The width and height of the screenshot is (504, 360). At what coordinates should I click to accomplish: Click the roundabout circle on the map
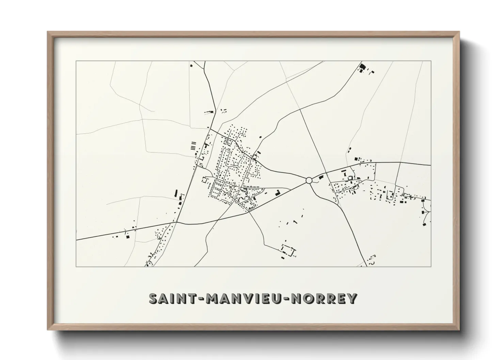click(309, 180)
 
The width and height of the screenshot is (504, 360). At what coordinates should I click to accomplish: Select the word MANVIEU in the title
click(243, 298)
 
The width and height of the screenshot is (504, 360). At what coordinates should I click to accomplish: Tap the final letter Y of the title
click(352, 298)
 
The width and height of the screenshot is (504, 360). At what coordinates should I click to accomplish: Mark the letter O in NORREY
click(310, 298)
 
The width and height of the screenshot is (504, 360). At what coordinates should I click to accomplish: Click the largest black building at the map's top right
click(362, 66)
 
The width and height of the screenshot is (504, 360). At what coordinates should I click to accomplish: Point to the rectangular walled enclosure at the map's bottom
click(288, 251)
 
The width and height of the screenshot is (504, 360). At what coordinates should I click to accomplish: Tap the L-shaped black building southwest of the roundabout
click(278, 193)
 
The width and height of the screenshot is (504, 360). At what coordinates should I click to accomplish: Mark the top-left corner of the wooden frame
click(48, 32)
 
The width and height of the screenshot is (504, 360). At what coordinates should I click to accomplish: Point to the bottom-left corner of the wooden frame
click(48, 330)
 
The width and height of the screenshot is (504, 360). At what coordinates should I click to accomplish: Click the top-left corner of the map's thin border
click(76, 61)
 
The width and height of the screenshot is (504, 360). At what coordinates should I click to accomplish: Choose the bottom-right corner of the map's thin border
click(431, 266)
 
